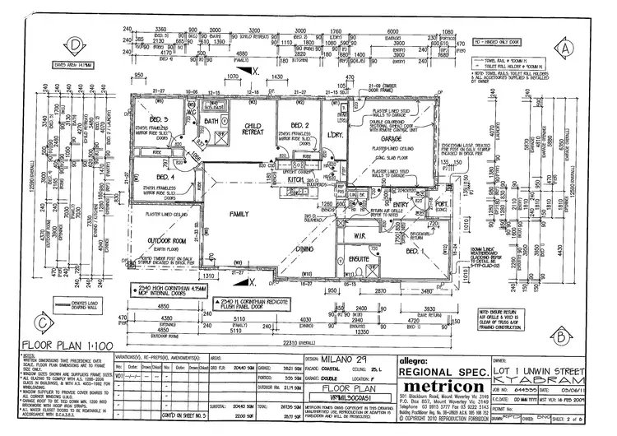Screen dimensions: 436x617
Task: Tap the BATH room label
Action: click(x=210, y=120)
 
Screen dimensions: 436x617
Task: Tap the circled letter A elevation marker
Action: click(x=565, y=49)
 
